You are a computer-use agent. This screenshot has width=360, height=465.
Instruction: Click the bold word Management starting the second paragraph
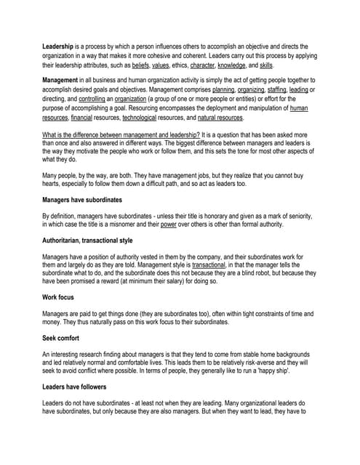[64, 79]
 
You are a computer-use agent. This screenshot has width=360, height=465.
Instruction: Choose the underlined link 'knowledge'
[231, 65]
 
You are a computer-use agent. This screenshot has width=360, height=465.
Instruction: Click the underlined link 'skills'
[266, 65]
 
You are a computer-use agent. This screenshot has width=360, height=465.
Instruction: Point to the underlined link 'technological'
[143, 118]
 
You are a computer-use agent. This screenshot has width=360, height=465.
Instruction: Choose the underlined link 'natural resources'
[220, 118]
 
